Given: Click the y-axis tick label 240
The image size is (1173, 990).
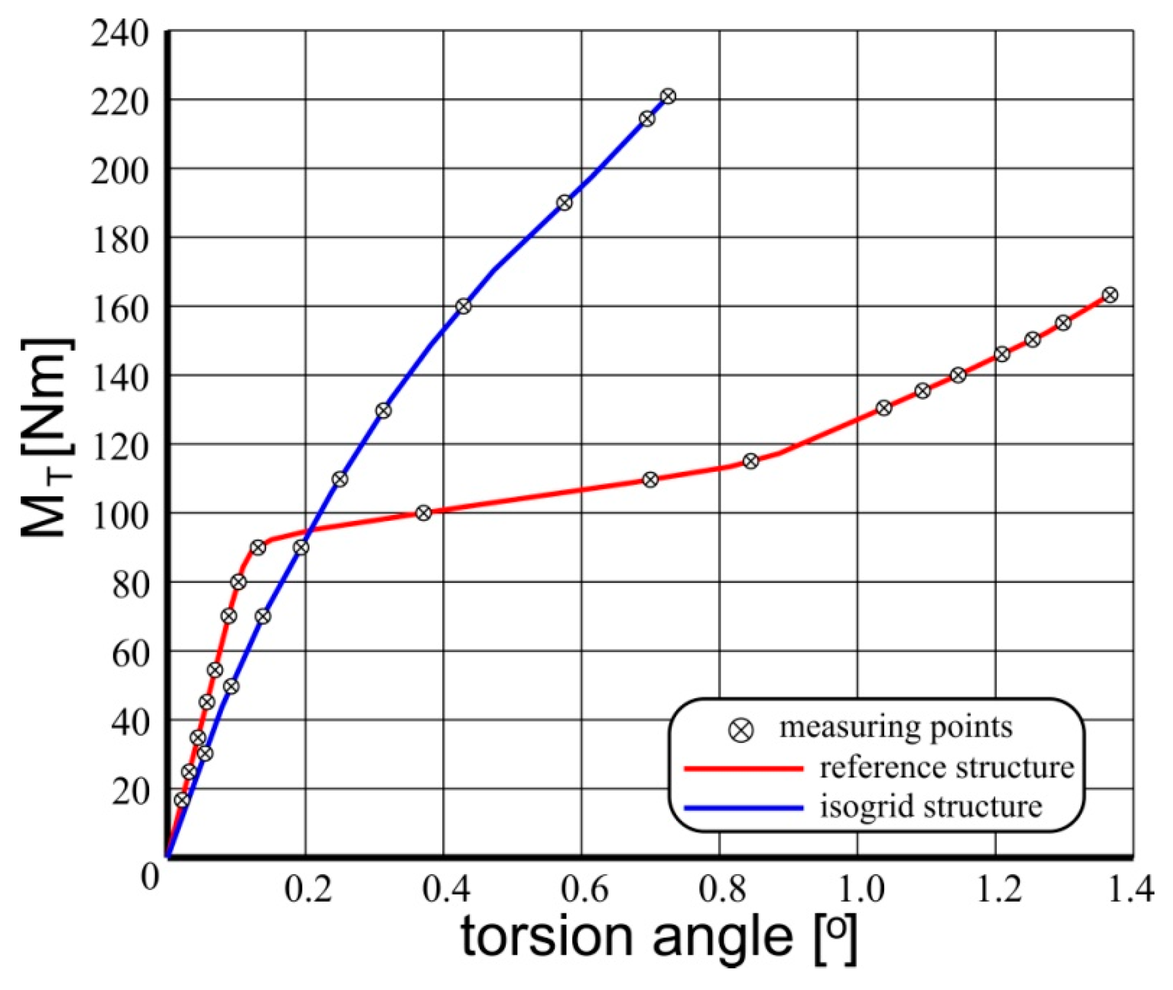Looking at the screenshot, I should pyautogui.click(x=120, y=35).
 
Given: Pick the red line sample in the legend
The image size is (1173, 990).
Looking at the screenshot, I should pyautogui.click(x=743, y=768).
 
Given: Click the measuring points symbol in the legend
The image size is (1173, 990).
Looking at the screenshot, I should pyautogui.click(x=741, y=731).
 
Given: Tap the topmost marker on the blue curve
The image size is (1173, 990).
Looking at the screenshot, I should pyautogui.click(x=668, y=97).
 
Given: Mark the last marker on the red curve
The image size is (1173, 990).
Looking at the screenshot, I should pyautogui.click(x=1110, y=295).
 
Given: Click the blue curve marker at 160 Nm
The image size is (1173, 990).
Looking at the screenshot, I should pyautogui.click(x=463, y=306).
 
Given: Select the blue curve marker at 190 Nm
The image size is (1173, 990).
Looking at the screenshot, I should pyautogui.click(x=565, y=203).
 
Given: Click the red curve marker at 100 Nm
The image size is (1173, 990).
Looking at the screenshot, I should pyautogui.click(x=424, y=513).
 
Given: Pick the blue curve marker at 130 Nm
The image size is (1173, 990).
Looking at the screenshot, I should pyautogui.click(x=384, y=410).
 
